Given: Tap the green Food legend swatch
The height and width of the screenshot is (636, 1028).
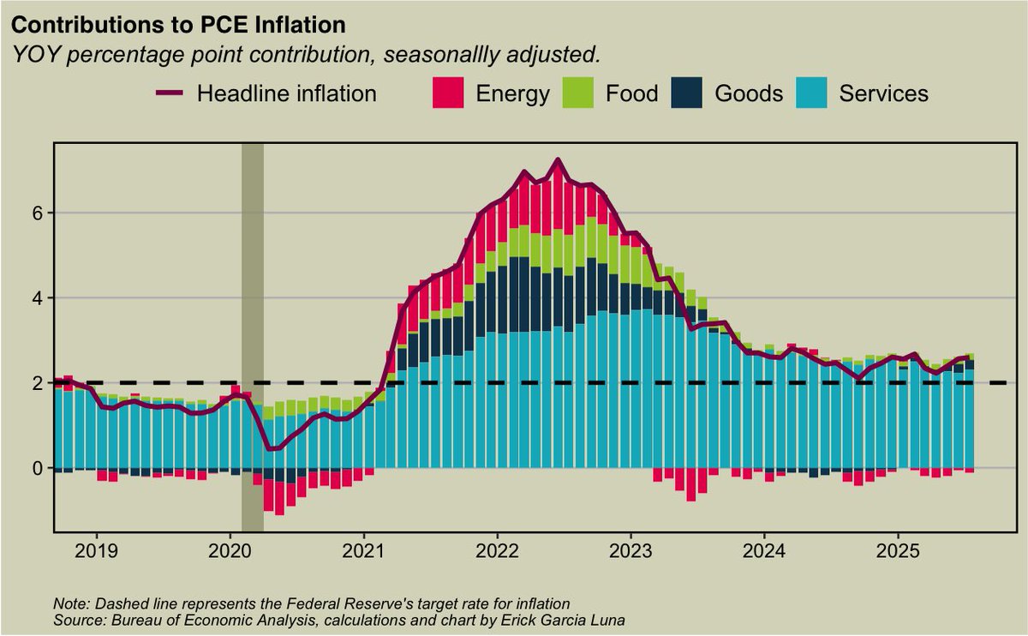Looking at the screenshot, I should [578, 93].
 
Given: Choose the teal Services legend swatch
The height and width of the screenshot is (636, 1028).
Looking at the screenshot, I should [813, 93].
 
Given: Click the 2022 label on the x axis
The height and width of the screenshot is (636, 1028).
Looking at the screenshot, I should [498, 549].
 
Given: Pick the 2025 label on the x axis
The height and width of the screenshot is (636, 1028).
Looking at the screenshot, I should [899, 549].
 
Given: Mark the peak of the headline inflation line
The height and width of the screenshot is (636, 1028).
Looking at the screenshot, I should [559, 160].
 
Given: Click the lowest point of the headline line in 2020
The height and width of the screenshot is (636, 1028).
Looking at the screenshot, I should [272, 448].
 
